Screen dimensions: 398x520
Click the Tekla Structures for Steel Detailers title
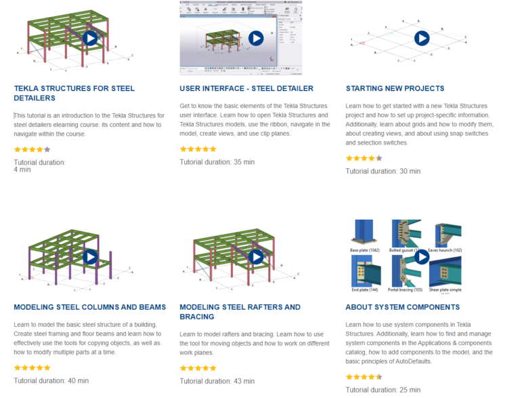point(74,93)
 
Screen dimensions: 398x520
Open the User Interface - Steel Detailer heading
point(246,88)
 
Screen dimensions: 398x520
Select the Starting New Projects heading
point(395,88)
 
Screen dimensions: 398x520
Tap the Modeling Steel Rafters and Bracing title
point(240,312)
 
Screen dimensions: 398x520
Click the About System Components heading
point(402,307)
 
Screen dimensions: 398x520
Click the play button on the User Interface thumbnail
point(256,38)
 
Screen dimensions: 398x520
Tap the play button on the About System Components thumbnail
point(422,256)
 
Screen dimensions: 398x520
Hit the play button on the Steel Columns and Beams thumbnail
point(90,257)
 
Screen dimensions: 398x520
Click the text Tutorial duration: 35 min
point(217,162)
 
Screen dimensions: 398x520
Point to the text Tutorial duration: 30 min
point(383,171)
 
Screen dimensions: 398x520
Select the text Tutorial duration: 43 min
point(217,381)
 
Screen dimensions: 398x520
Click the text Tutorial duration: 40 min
point(51,380)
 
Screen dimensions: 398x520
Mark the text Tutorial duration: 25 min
point(383,390)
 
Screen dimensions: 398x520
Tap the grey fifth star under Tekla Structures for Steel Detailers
point(47,149)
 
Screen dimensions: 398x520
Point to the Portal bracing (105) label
point(404,290)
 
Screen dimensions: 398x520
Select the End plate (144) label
point(364,290)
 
